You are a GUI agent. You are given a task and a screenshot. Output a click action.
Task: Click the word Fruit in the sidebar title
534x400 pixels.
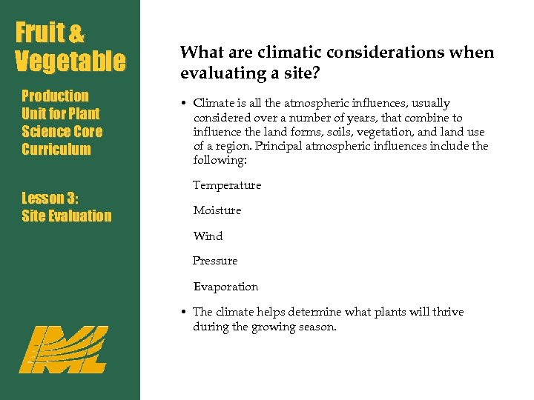(41, 33)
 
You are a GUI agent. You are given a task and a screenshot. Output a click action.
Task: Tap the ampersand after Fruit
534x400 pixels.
(76, 34)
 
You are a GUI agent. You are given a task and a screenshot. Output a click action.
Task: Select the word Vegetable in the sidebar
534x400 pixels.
(71, 61)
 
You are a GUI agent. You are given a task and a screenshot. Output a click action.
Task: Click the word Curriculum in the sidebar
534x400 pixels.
(56, 150)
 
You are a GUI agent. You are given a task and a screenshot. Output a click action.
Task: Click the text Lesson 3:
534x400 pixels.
(50, 198)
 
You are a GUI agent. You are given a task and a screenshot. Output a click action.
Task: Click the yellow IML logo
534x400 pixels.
(62, 349)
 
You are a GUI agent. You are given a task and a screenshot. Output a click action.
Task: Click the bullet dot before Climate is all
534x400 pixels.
(183, 104)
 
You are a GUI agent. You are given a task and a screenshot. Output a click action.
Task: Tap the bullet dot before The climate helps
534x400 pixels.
(183, 313)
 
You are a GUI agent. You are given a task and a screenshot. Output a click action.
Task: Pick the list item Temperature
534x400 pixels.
(227, 185)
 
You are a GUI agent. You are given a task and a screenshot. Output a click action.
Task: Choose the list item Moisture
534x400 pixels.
(217, 210)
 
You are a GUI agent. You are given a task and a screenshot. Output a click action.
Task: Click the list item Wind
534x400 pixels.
(208, 236)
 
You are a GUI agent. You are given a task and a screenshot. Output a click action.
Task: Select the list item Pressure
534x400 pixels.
(215, 261)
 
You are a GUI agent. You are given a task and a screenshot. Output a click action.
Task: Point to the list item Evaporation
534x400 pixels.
(225, 287)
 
